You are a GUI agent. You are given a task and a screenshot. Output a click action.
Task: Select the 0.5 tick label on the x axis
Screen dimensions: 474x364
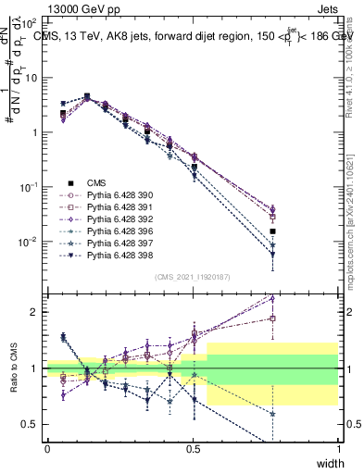pos(193,448)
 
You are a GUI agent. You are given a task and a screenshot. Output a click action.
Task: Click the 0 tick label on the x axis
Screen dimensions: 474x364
pos(47,448)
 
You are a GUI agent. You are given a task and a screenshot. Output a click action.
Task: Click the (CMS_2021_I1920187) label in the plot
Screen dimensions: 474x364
pos(192,277)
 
